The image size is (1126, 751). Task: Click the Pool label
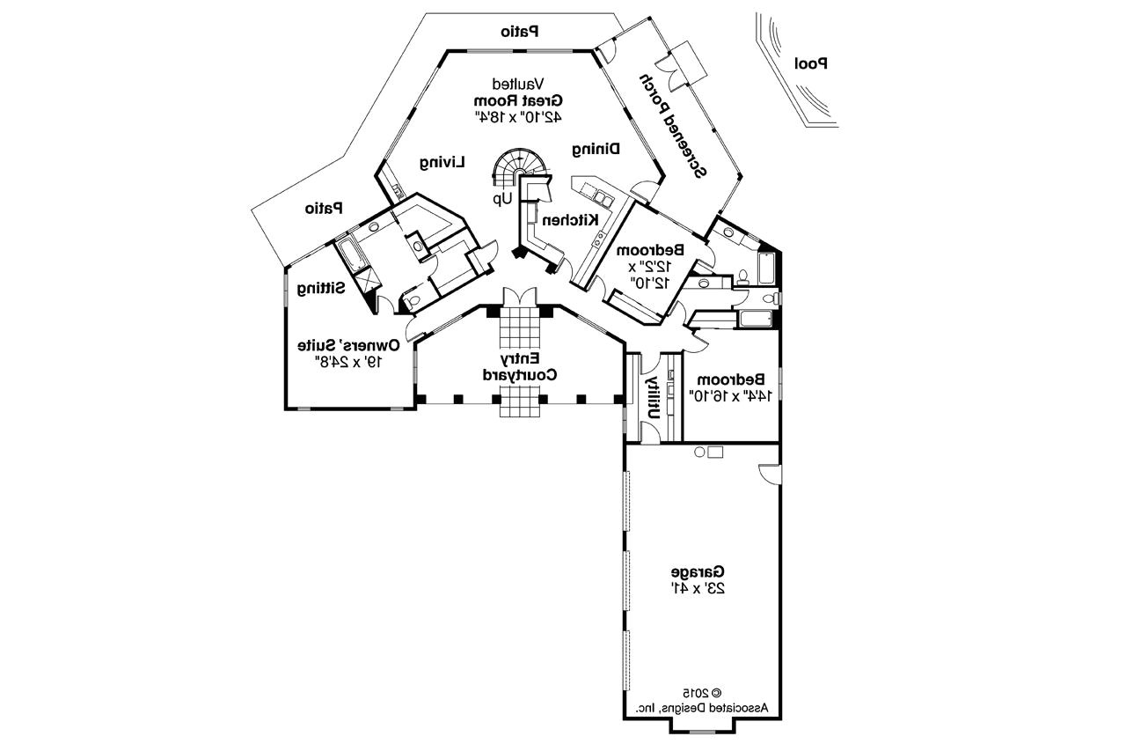pos(811,63)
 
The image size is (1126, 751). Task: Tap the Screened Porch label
pos(673,125)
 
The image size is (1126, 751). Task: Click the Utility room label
pos(653,399)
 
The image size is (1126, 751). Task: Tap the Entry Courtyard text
pos(520,367)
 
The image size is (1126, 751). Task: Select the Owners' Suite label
pos(348,344)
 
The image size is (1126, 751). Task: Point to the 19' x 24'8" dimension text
pos(348,361)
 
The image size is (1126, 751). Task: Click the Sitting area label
pos(321,288)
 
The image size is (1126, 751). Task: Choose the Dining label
pos(596,149)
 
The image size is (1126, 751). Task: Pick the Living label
pos(442,162)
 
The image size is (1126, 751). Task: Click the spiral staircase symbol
pos(519,165)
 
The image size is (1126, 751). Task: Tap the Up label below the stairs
pos(502,199)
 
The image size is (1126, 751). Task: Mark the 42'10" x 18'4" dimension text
pos(527,115)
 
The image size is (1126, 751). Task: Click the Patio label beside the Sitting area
pos(323,209)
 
